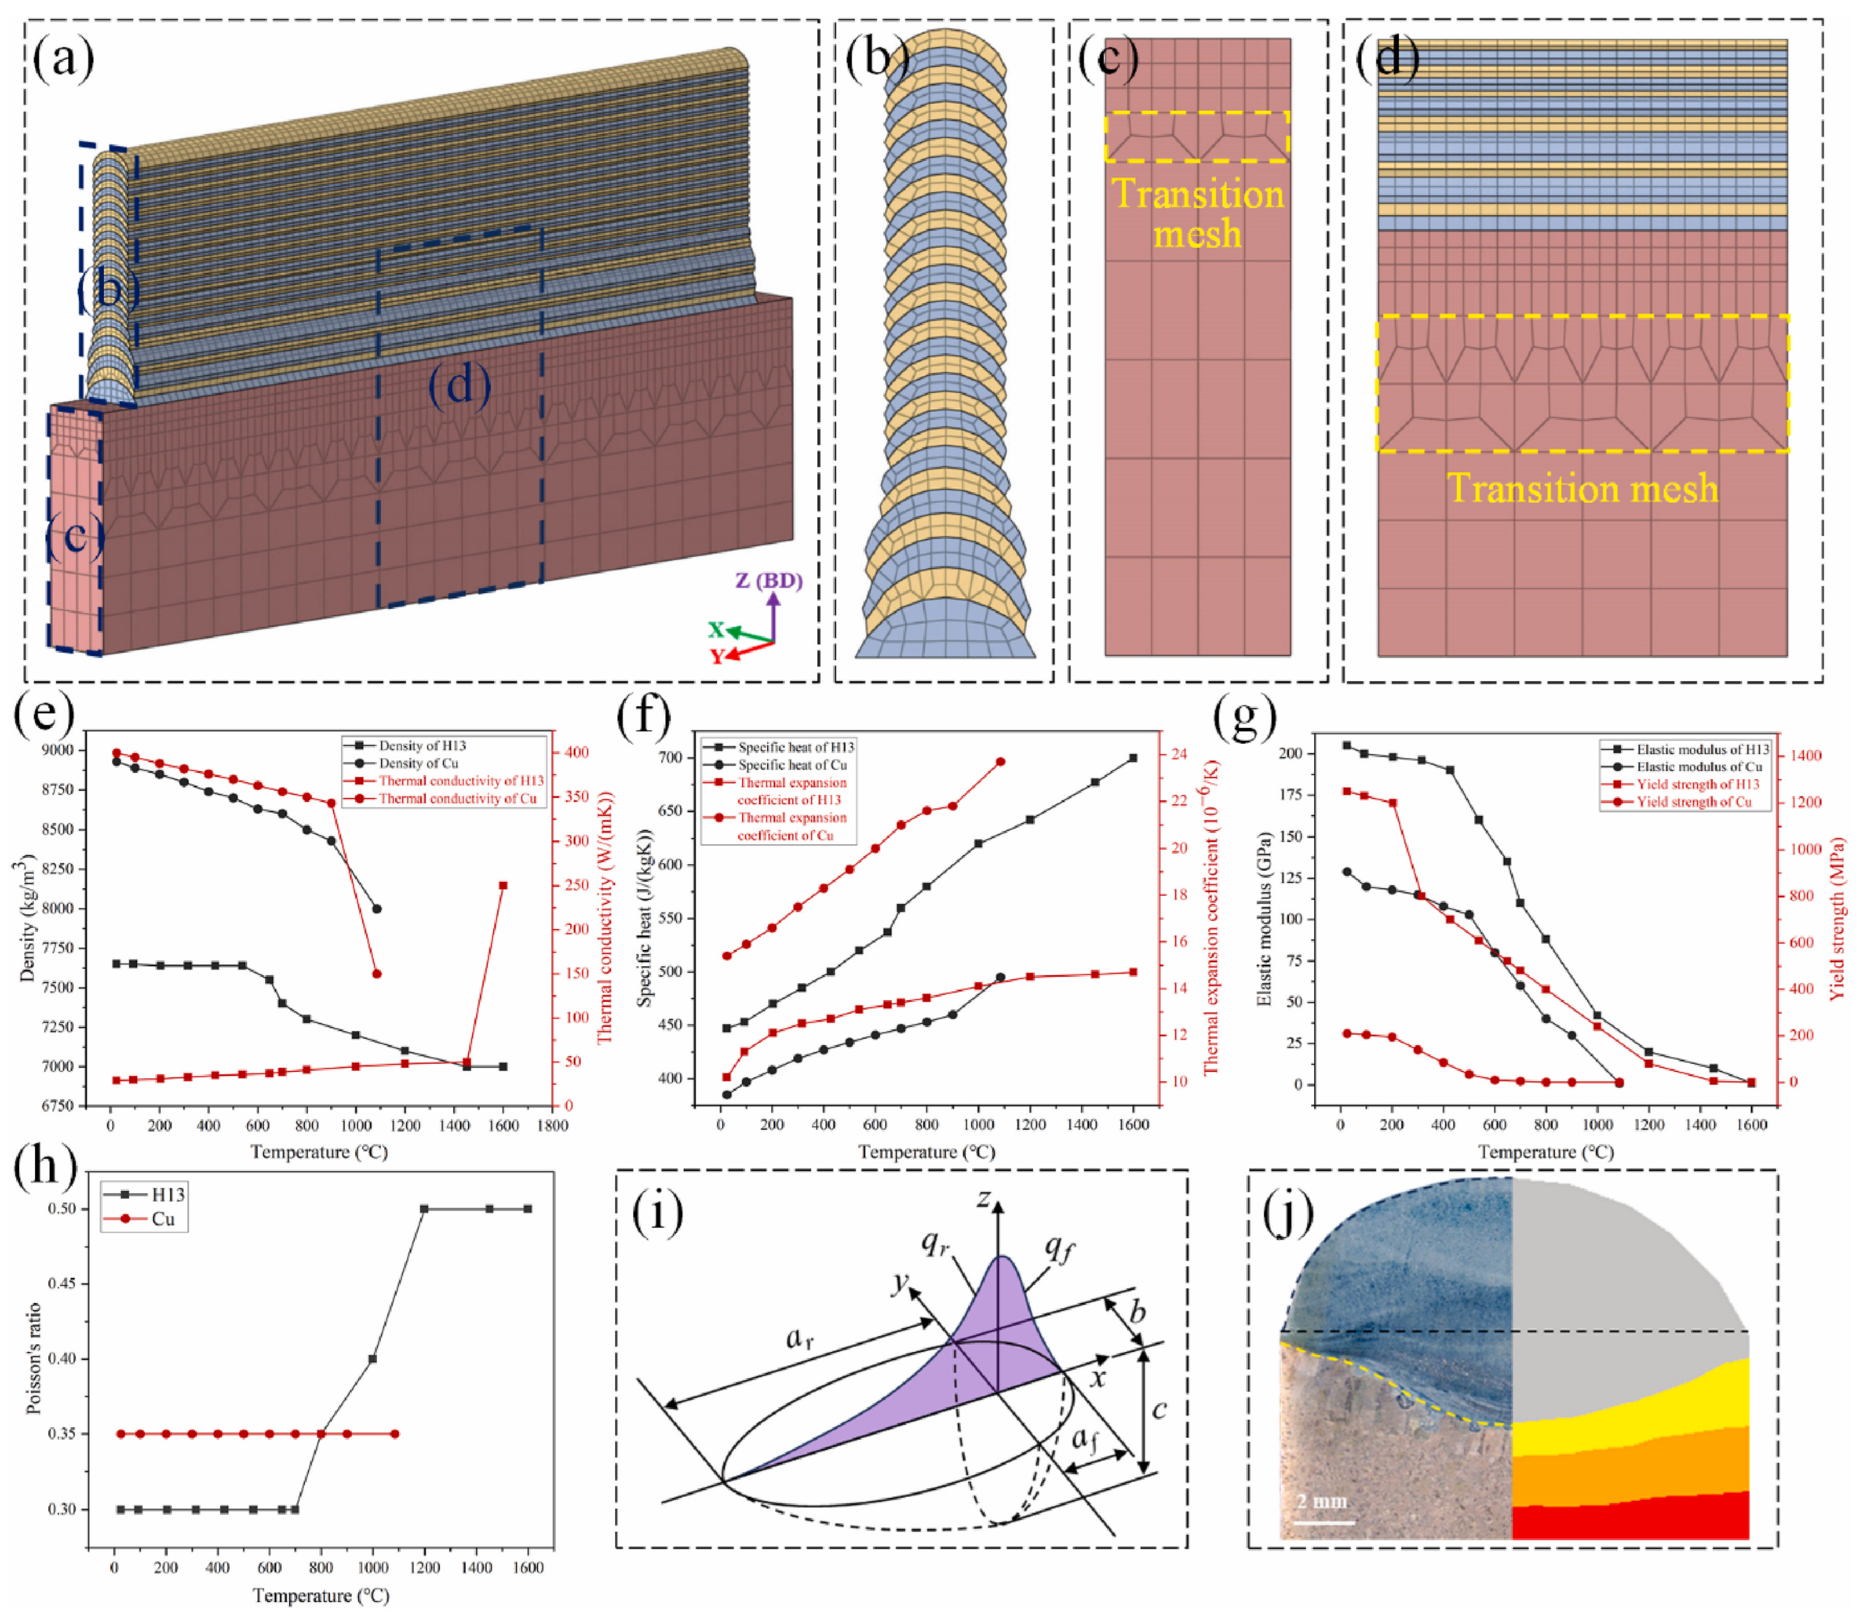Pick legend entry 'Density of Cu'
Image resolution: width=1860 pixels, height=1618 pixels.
coord(417,763)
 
